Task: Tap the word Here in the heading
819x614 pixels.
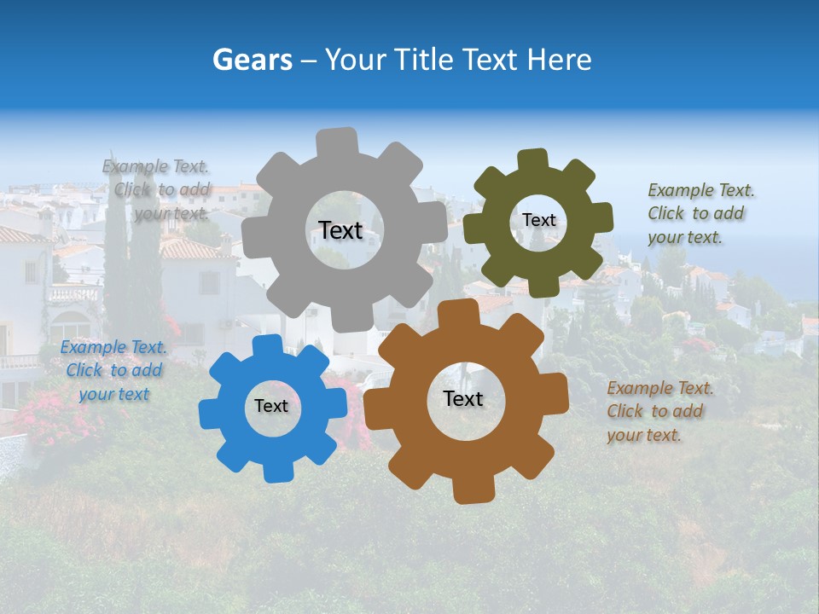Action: coord(559,60)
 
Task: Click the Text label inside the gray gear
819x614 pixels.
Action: coord(340,230)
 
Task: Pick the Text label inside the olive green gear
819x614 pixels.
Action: coord(538,220)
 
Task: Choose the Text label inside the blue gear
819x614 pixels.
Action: coord(271,406)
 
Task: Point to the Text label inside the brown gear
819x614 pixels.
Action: coord(463,398)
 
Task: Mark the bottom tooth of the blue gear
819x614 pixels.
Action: coord(276,470)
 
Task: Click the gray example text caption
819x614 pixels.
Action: coord(156,190)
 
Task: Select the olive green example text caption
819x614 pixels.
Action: coord(700,213)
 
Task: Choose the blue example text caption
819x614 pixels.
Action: coord(113,371)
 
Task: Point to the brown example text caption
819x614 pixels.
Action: coord(659,411)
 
